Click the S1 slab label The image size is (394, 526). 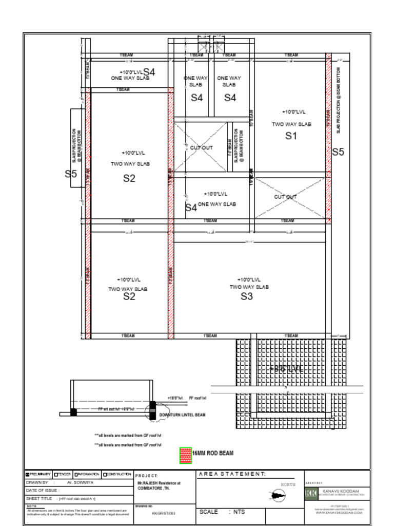click(x=291, y=136)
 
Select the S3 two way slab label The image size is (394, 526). click(x=247, y=296)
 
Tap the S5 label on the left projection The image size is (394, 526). click(x=71, y=174)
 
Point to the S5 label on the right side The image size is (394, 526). click(x=338, y=152)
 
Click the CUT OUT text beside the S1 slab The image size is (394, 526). click(x=285, y=197)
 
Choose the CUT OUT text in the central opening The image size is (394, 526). click(x=201, y=148)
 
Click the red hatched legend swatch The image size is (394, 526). click(x=185, y=455)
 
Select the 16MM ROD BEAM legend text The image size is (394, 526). click(x=212, y=454)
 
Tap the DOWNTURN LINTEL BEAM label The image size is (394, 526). click(x=182, y=415)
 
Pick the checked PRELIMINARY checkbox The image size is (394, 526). click(x=28, y=474)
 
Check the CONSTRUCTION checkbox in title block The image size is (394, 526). click(x=105, y=474)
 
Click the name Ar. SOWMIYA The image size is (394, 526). click(x=79, y=483)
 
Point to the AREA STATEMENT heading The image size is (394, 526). click(x=232, y=474)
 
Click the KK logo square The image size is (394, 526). click(x=311, y=493)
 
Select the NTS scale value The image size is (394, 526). click(x=239, y=512)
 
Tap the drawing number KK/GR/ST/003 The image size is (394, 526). click(x=164, y=513)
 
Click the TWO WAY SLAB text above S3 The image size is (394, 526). click(x=249, y=287)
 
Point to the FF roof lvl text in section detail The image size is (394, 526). click(x=198, y=398)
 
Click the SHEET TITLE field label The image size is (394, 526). click(x=39, y=498)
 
